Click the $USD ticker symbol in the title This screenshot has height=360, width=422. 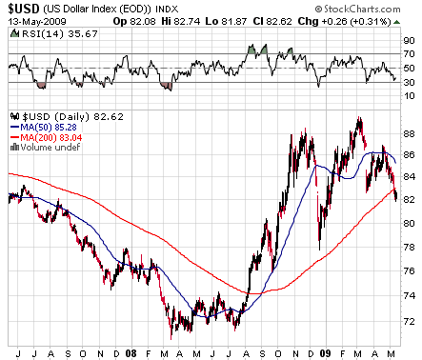(x=21, y=8)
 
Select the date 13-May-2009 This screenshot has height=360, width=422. (x=29, y=21)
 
